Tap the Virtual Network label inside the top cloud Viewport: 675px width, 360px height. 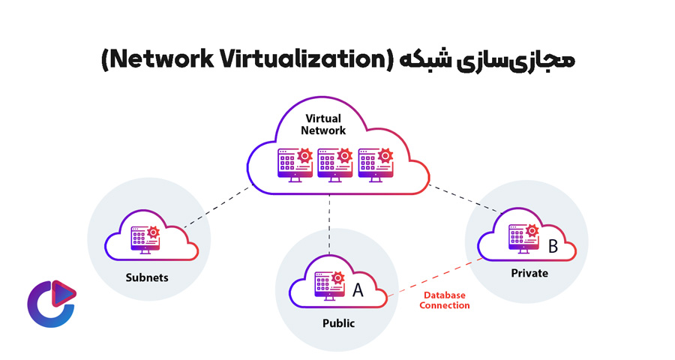(x=323, y=124)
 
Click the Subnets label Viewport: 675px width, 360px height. (x=147, y=277)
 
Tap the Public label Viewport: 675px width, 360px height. (x=337, y=324)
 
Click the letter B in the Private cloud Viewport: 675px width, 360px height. (x=553, y=245)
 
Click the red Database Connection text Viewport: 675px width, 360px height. (x=445, y=300)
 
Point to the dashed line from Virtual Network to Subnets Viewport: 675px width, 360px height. (x=217, y=205)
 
